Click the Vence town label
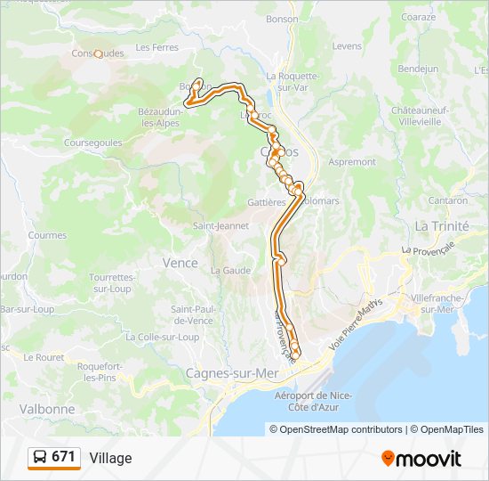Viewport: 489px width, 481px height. (180, 263)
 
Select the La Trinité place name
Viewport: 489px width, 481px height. (441, 226)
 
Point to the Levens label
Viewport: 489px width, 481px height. (347, 45)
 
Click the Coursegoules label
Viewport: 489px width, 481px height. (93, 143)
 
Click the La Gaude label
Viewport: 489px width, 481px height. (229, 270)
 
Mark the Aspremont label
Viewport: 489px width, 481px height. (352, 162)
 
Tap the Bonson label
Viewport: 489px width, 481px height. (282, 19)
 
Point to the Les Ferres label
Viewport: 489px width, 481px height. (156, 47)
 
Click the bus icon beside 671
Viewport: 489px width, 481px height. (40, 457)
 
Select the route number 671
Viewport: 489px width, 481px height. (64, 457)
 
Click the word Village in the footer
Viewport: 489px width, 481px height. (110, 458)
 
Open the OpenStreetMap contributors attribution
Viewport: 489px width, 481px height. (335, 429)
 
